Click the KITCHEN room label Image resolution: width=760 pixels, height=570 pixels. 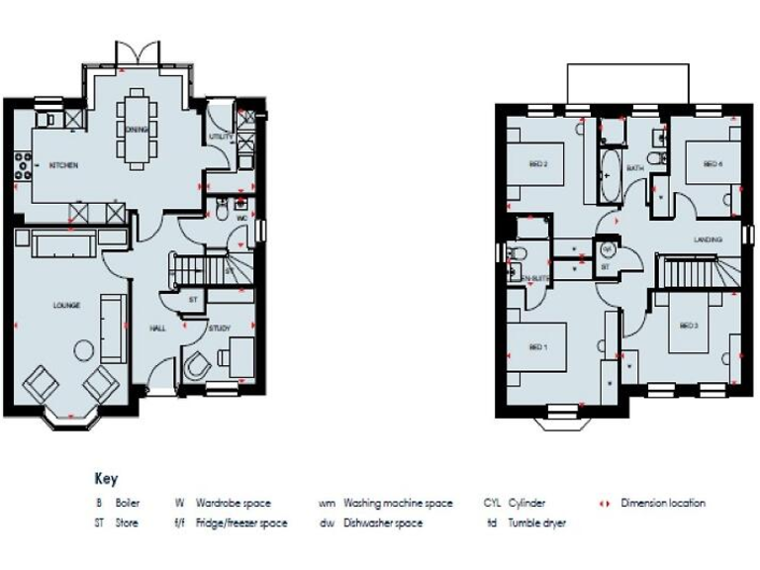64,165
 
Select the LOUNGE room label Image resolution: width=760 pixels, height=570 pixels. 66,306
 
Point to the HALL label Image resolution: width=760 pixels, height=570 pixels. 157,328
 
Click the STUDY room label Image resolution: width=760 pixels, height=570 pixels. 219,328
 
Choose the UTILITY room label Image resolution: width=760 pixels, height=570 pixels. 220,136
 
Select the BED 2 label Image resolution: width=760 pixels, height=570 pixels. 538,163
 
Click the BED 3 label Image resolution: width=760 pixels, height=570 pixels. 689,326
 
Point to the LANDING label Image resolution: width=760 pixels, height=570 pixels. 708,239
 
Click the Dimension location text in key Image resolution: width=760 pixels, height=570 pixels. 663,503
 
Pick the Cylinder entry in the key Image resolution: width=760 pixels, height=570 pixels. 526,503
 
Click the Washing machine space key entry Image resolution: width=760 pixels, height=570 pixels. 398,503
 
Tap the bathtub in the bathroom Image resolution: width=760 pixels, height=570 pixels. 607,171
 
